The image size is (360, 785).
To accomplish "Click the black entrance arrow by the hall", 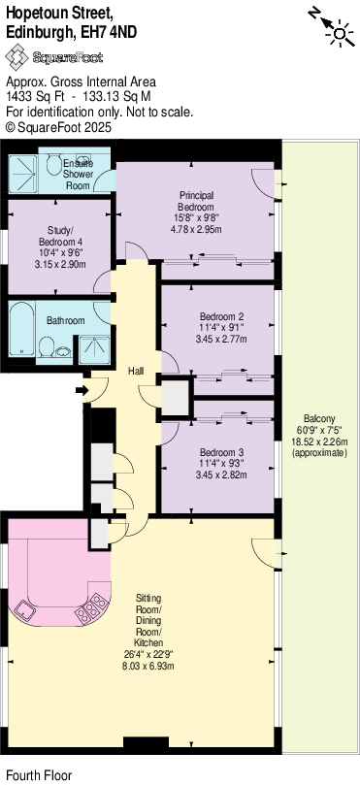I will (80, 391).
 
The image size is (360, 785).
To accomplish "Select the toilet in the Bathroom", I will (44, 346).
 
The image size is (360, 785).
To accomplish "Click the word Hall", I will (137, 372).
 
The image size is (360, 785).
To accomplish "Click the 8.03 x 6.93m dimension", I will (148, 666).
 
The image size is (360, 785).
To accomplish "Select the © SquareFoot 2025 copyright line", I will (59, 126).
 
